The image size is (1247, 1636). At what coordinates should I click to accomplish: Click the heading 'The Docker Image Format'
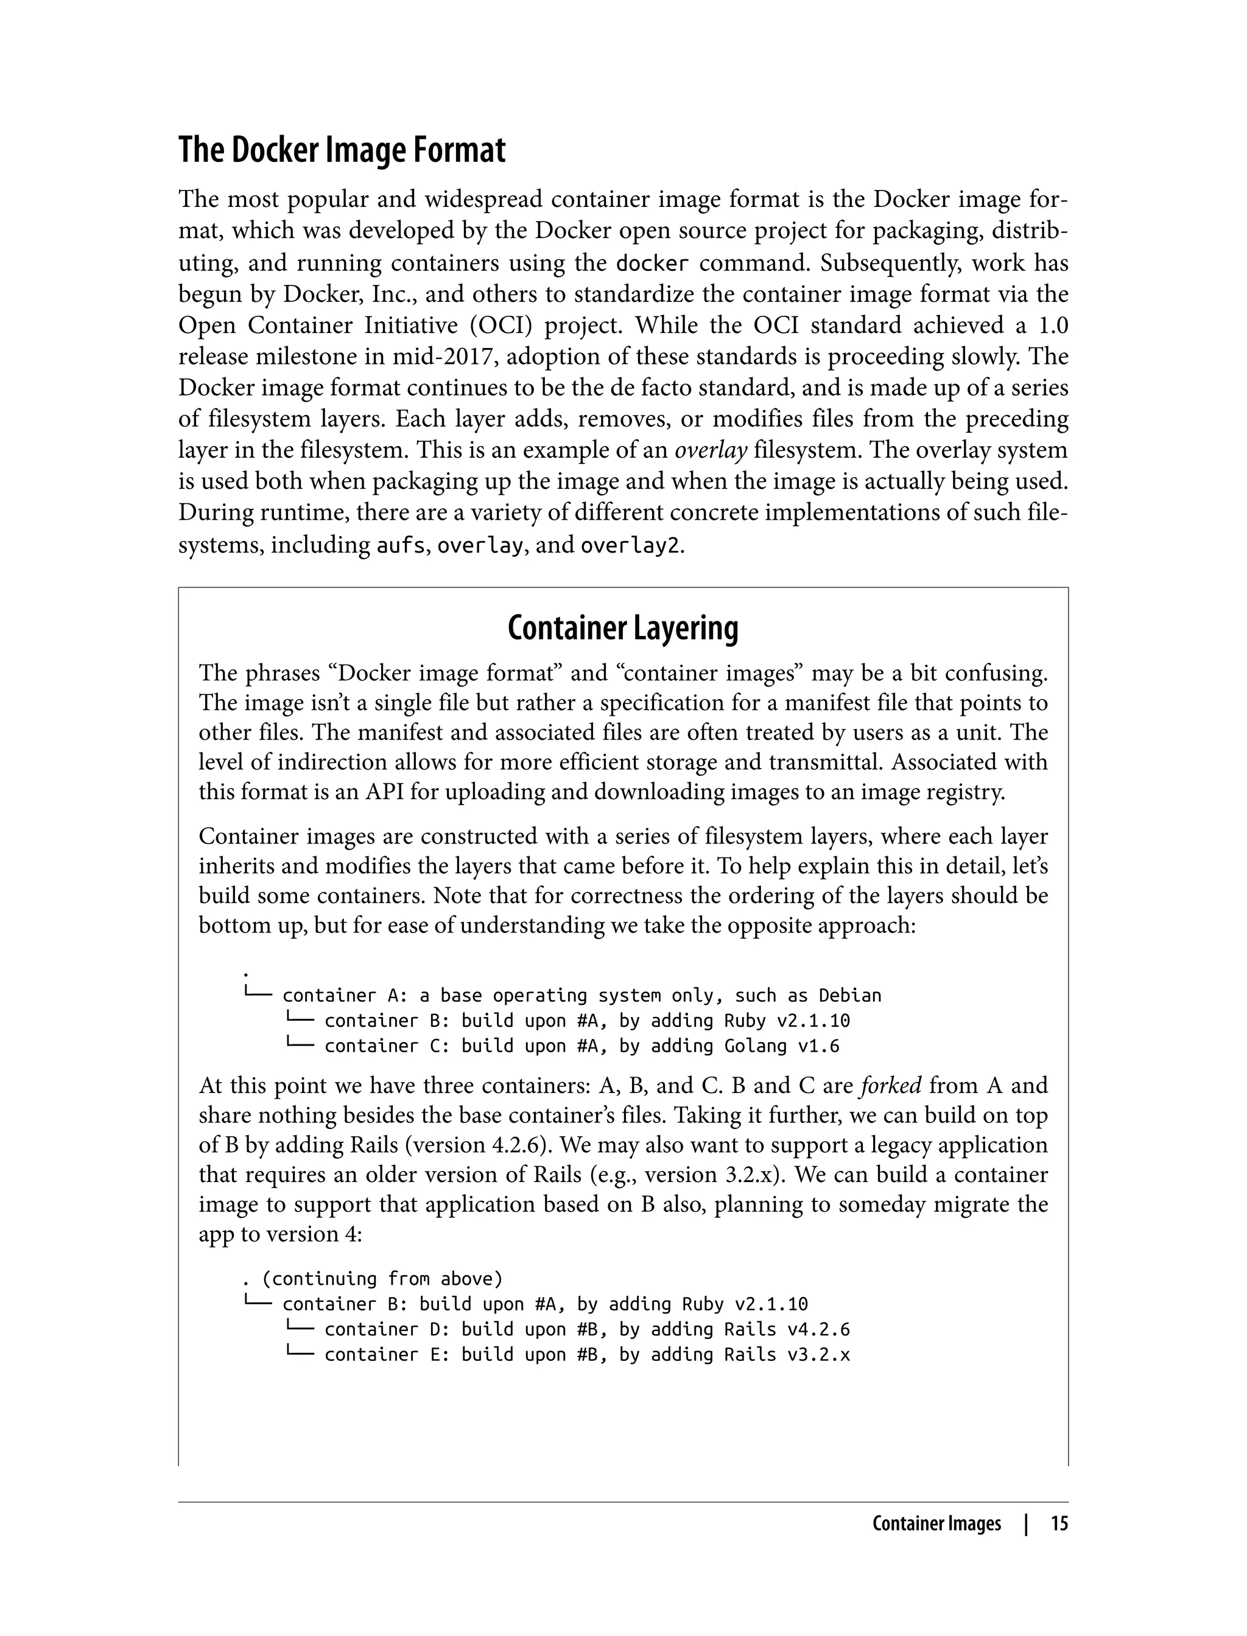point(342,150)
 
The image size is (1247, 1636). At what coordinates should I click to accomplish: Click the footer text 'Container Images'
point(936,1524)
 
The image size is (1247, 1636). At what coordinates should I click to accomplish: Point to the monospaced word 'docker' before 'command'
point(653,264)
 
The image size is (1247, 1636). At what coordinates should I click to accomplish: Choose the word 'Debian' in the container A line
point(850,996)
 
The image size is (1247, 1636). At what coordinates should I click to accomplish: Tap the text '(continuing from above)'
point(382,1278)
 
